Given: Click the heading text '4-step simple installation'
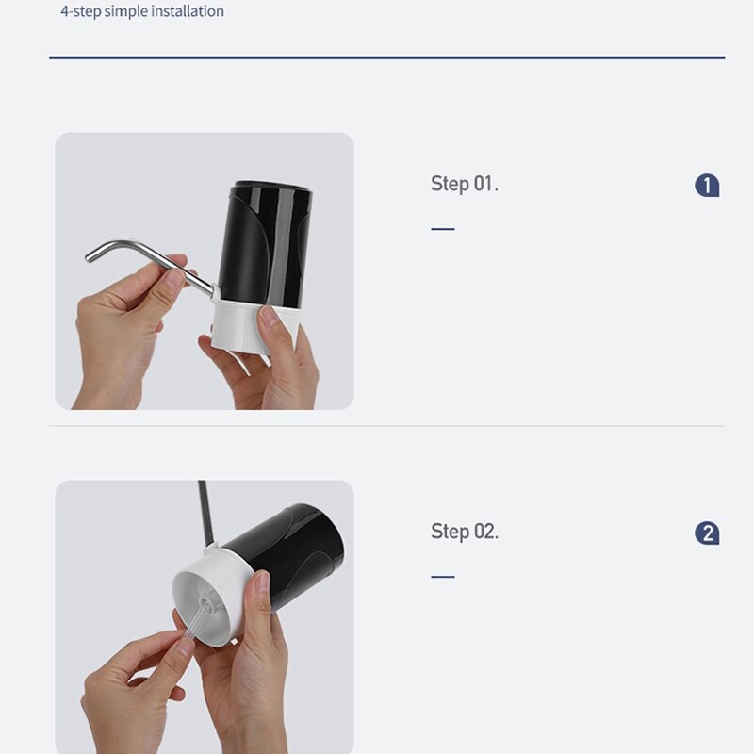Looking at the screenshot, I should pyautogui.click(x=142, y=11).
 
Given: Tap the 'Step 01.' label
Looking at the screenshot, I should pyautogui.click(x=464, y=184).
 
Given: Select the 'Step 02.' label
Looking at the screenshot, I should pyautogui.click(x=465, y=532).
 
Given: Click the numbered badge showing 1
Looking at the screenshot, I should pyautogui.click(x=707, y=186).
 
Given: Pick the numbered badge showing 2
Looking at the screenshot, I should pyautogui.click(x=707, y=533).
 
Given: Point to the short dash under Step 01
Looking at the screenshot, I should pyautogui.click(x=442, y=228).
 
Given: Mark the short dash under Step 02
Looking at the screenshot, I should pyautogui.click(x=442, y=576).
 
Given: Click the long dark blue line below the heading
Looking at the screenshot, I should pyautogui.click(x=386, y=58).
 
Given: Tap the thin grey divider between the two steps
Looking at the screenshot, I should pyautogui.click(x=386, y=426).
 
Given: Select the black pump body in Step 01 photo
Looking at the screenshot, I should pyautogui.click(x=269, y=240).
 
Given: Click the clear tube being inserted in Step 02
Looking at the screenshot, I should pyautogui.click(x=188, y=627).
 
